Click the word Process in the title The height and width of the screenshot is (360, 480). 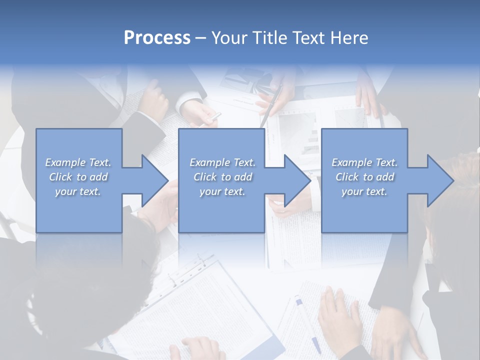(157, 38)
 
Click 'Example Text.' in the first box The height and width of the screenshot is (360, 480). (78, 162)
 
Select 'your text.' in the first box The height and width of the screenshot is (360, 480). (78, 191)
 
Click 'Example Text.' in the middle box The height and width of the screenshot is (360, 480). (222, 162)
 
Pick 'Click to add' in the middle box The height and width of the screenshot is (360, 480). (222, 177)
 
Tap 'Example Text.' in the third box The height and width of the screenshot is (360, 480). (364, 162)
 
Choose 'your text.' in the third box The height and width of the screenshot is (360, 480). (364, 191)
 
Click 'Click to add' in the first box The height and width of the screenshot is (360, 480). (78, 177)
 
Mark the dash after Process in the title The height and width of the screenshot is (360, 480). (200, 38)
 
